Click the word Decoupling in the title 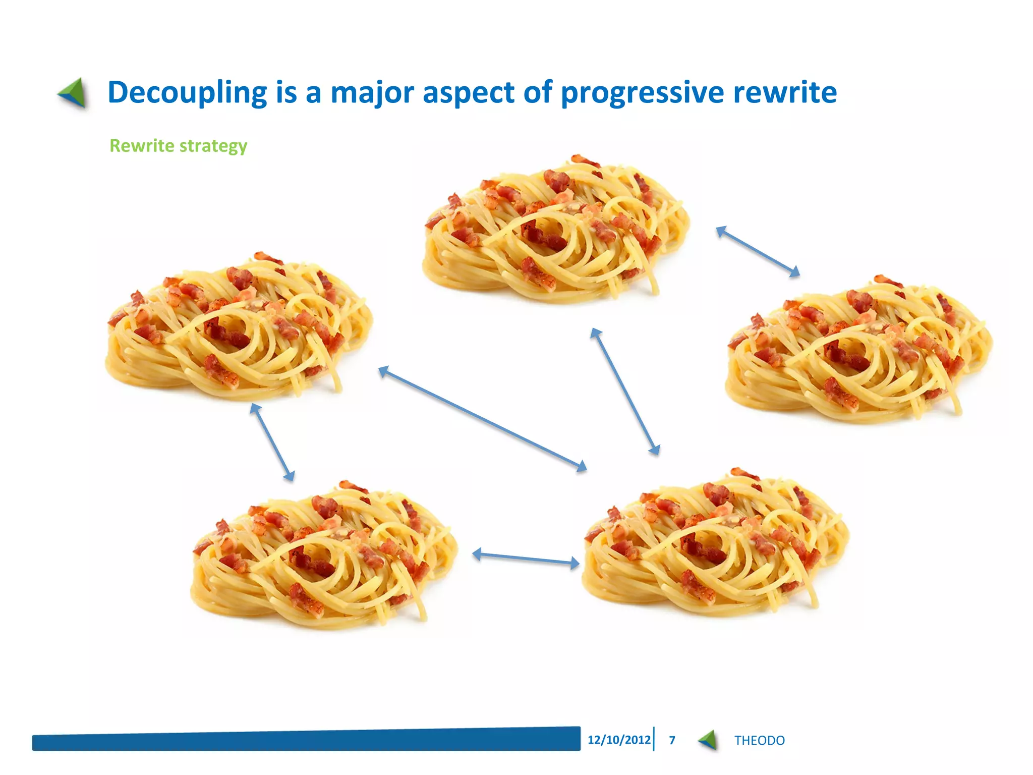point(187,93)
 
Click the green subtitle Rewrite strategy point(178,146)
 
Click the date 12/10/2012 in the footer point(619,740)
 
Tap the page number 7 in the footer point(672,740)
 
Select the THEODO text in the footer point(759,740)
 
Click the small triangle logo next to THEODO point(708,740)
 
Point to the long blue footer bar point(306,740)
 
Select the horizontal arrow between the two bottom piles point(526,558)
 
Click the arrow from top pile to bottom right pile point(625,392)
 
